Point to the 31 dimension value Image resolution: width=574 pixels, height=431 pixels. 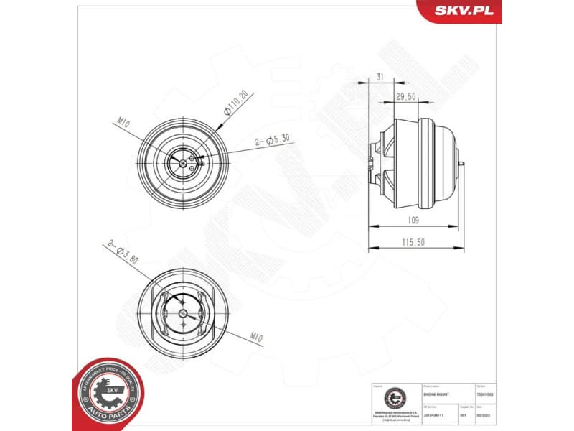click(x=380, y=77)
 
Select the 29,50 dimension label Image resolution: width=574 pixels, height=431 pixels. click(x=405, y=96)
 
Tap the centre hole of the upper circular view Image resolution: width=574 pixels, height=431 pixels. click(x=184, y=163)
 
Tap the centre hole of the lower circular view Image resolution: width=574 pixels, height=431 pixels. click(x=184, y=315)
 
